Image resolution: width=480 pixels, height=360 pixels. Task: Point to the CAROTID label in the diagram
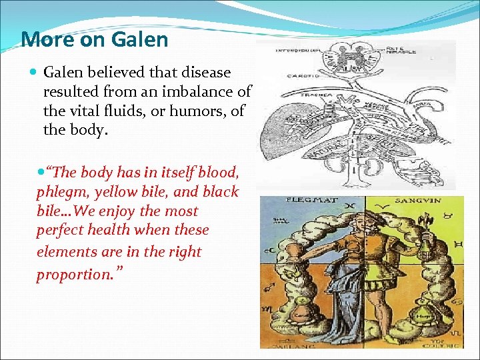(301, 76)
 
